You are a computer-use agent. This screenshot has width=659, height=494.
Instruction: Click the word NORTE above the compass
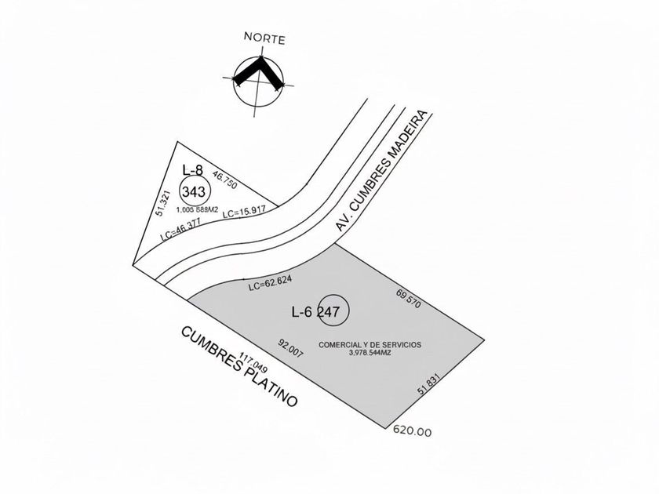pos(264,38)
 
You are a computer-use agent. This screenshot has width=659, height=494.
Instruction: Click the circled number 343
pos(195,192)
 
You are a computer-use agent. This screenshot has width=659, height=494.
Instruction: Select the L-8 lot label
pos(192,170)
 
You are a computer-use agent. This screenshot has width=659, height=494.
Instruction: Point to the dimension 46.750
pos(225,180)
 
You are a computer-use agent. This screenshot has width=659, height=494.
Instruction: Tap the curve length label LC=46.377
pos(180,229)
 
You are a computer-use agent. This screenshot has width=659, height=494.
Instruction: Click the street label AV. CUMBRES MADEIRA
pos(381,171)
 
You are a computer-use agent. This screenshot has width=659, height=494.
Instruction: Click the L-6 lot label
pos(302,312)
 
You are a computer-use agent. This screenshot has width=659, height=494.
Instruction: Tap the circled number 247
pos(333,311)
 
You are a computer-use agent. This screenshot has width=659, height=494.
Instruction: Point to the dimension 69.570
pos(408,299)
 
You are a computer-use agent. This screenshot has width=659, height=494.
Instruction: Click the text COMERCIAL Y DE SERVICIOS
pos(370,345)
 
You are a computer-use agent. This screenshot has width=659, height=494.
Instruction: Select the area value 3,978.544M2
pos(370,354)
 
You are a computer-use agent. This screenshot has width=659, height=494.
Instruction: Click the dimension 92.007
pos(290,348)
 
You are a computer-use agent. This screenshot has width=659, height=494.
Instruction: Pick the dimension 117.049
pos(253,362)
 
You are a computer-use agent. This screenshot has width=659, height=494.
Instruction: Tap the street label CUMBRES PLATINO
pos(239,367)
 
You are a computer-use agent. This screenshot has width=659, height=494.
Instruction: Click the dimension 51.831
pos(428,385)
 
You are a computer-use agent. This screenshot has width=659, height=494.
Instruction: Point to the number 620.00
pos(412,431)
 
